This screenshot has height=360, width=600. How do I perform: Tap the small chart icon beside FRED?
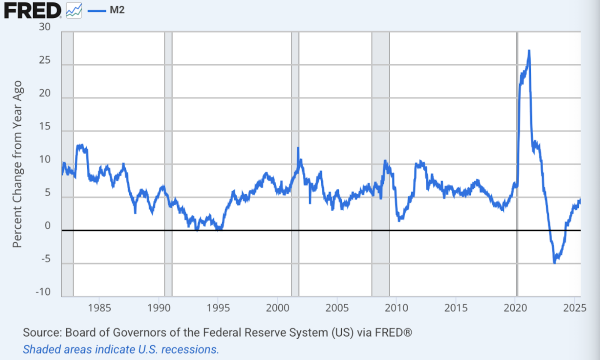(x=75, y=11)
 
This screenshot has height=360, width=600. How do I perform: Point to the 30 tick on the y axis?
(x=44, y=27)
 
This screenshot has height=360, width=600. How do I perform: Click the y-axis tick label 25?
(x=44, y=61)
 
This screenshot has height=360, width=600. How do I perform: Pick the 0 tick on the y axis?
(x=47, y=226)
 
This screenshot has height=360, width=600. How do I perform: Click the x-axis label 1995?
(x=220, y=307)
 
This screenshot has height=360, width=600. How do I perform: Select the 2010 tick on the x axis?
(x=397, y=307)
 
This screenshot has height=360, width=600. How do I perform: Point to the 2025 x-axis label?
(x=574, y=307)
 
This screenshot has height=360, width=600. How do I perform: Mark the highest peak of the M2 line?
(x=528, y=51)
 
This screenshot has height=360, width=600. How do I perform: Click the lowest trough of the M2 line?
(x=555, y=262)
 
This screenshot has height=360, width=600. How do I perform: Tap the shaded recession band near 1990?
(x=168, y=160)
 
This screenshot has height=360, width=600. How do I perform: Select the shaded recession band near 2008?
(x=380, y=160)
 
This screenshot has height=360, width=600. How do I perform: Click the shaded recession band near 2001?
(x=295, y=160)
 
